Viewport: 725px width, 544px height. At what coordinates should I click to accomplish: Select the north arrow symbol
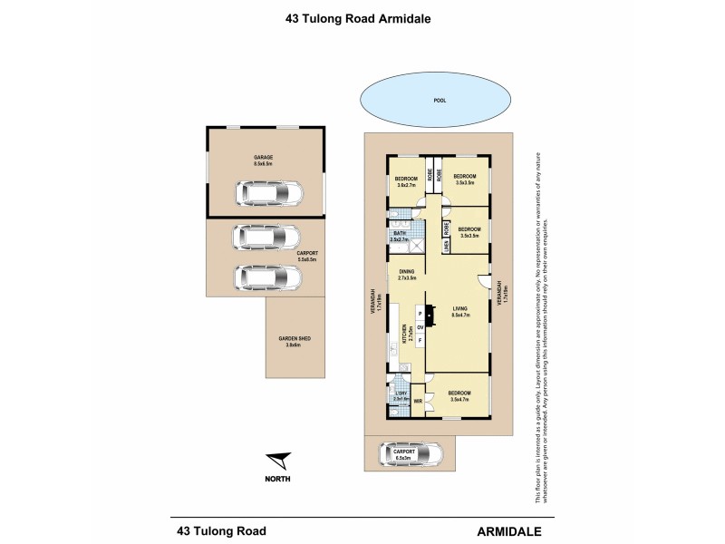click(x=279, y=461)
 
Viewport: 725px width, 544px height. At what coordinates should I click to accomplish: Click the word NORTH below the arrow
click(x=279, y=479)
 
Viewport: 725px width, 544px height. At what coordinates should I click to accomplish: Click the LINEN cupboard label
click(x=447, y=245)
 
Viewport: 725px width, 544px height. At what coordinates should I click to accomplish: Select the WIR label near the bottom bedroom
click(x=418, y=399)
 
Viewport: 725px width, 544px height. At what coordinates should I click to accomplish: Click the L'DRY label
click(x=400, y=394)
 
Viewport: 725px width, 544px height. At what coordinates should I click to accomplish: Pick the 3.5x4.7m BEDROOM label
click(x=462, y=395)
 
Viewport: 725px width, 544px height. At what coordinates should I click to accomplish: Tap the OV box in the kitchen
click(x=420, y=326)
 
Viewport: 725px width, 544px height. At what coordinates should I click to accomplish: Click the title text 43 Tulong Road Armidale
click(x=362, y=16)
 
